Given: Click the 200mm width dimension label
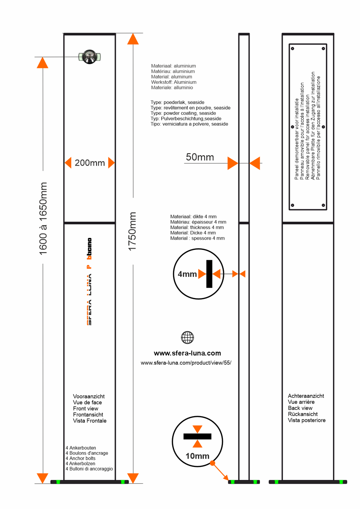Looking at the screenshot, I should pos(90,163).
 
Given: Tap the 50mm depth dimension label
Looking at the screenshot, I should pos(200,157).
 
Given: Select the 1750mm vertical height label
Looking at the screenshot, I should pos(132,231).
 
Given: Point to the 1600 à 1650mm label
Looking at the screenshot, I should pos(43,219).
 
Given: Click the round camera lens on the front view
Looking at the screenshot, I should pos(89,57).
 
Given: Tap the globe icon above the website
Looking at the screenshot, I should pos(187,337).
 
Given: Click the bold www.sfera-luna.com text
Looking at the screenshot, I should pos(187,353).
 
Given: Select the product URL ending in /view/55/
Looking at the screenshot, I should pos(186,363).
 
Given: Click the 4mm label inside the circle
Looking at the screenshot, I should pos(187,274).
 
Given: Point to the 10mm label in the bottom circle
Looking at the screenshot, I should pos(197,456).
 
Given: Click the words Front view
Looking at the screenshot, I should pos(85,409).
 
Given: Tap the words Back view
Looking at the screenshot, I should pos(300,408).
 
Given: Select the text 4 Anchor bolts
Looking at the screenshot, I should pos(81,458).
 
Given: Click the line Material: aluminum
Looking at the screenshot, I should pos(171,77).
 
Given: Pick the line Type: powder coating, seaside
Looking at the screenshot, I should pos(183,113).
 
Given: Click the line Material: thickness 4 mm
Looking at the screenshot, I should pos(197,228).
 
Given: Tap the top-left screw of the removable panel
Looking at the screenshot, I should pos(293,48).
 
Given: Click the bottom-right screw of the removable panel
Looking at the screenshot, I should pos(323,205).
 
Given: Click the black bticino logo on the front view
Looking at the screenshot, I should pos(89,248).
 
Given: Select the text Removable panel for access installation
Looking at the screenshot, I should pos(307,137).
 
